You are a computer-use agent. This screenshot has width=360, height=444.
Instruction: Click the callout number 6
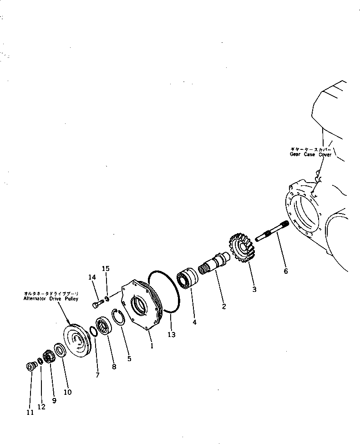tap(285, 271)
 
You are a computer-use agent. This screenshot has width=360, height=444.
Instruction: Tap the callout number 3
tap(254, 289)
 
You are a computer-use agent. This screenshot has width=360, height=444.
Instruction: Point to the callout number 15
tap(106, 269)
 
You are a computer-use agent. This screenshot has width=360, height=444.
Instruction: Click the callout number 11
tap(30, 413)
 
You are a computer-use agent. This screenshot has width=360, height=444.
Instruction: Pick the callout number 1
tap(152, 346)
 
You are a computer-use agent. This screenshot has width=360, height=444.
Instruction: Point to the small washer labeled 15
tap(107, 299)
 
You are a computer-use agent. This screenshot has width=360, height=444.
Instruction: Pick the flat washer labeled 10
tap(59, 351)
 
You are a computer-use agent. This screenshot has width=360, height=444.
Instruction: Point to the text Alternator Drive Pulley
tap(50, 299)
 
